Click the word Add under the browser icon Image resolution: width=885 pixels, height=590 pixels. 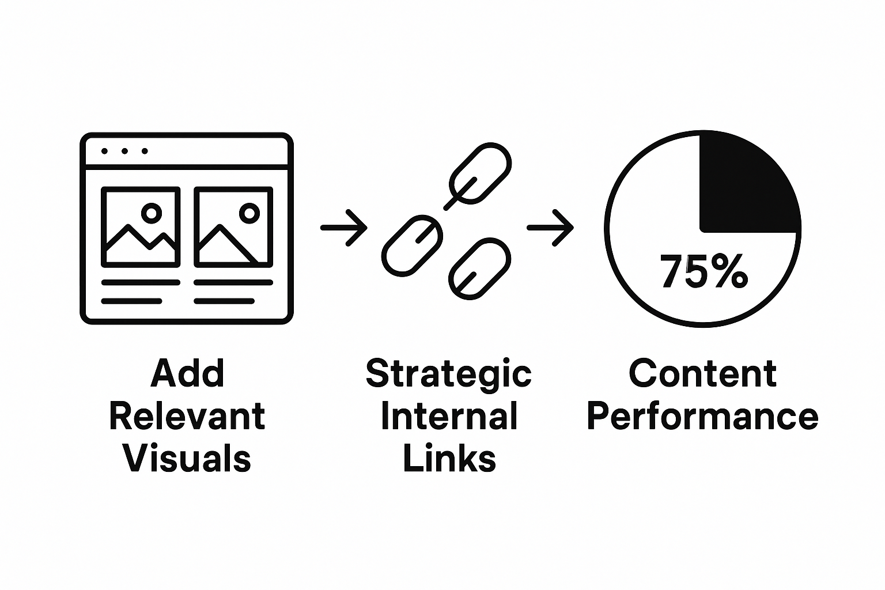click(x=187, y=373)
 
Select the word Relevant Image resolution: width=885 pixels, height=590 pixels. click(x=187, y=416)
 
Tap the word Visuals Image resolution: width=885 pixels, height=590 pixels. click(x=187, y=459)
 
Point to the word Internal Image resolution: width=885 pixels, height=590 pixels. click(x=449, y=416)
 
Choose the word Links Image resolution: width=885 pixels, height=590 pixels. click(x=449, y=459)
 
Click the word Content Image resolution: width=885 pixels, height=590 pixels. click(x=702, y=373)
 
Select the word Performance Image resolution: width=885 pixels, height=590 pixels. click(x=702, y=416)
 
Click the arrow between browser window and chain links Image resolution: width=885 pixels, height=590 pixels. click(x=343, y=228)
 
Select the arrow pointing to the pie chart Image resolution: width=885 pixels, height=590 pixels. click(x=550, y=228)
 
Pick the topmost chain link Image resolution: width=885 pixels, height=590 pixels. click(x=479, y=173)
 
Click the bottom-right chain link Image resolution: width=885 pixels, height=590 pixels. click(x=479, y=268)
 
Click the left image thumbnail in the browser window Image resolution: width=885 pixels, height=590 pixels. click(x=141, y=226)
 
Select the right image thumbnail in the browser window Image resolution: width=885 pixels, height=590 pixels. click(x=233, y=226)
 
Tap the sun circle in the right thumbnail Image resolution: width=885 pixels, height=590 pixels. click(x=249, y=213)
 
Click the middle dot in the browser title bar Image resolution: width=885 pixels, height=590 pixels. click(x=124, y=152)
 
